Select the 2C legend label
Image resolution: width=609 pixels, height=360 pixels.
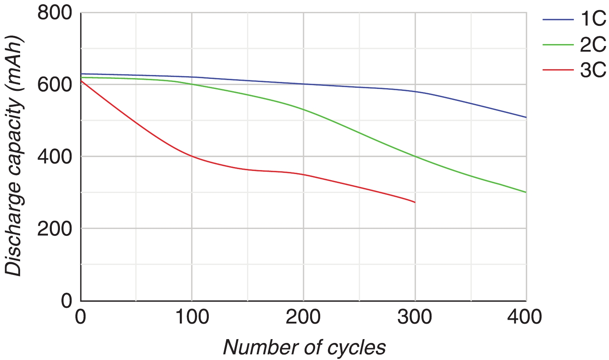pos(593,45)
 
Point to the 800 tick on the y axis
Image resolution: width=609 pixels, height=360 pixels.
pos(55,13)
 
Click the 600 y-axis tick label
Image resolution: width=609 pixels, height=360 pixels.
pos(55,85)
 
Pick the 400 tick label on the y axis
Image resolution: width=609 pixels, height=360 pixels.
pos(55,157)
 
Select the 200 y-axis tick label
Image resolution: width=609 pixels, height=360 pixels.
pos(55,229)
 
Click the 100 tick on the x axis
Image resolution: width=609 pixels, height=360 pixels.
pos(192,317)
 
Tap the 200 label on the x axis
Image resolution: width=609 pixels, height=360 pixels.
pos(303,317)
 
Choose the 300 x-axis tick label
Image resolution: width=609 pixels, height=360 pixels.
pos(415,317)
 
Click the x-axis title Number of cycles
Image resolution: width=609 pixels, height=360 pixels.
pos(304,347)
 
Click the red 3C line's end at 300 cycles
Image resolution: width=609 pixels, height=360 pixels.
pos(415,202)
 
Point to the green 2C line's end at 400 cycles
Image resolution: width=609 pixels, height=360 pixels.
pos(526,192)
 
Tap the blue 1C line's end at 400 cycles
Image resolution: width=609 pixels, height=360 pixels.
pos(526,117)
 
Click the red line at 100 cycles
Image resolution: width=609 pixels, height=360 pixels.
pos(192,156)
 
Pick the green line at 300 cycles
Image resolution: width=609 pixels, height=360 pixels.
pos(415,156)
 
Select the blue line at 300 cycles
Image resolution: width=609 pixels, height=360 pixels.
pos(415,92)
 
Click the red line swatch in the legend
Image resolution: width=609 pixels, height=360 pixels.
pos(558,70)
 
